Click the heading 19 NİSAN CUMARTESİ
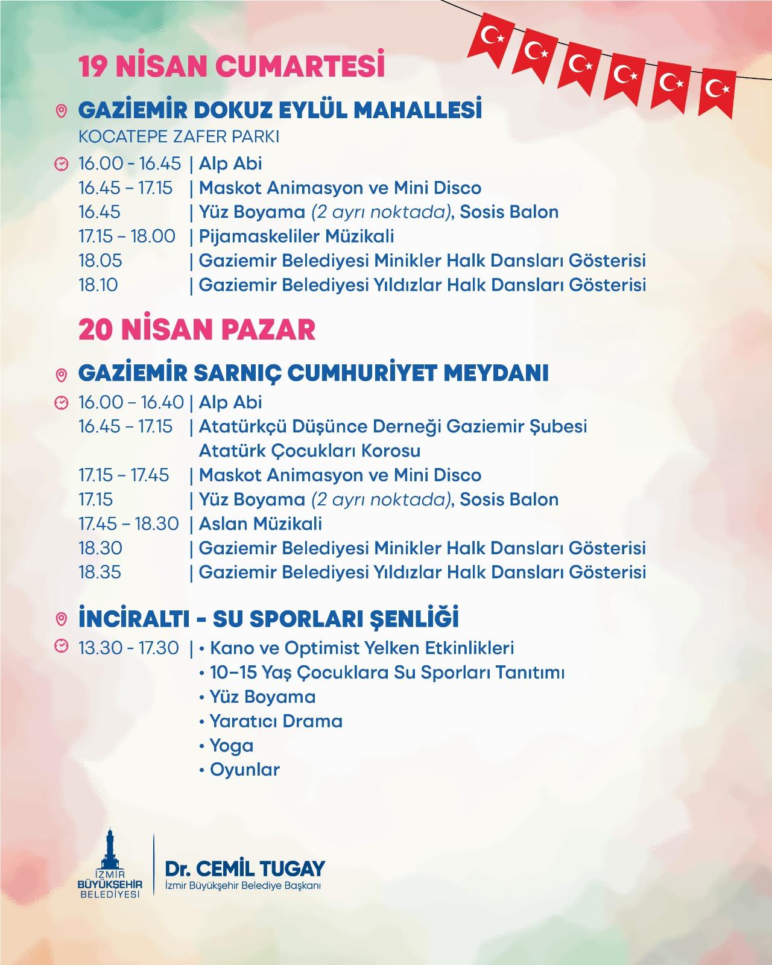(232, 68)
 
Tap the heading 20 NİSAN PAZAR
(197, 330)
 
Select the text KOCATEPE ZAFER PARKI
(179, 137)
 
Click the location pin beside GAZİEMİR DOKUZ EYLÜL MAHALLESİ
(61, 112)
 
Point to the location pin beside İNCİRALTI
(61, 619)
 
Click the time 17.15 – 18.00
(127, 236)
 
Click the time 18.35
(100, 572)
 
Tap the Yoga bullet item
(231, 745)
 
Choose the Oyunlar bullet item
(244, 770)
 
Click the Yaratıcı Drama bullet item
(276, 721)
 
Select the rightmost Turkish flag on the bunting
(717, 90)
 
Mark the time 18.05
(100, 261)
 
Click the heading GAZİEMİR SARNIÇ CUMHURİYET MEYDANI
(313, 373)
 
